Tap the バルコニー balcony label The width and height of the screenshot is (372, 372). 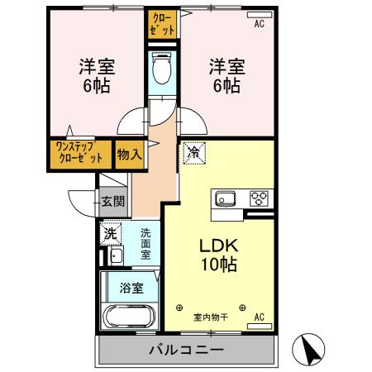[x=186, y=350]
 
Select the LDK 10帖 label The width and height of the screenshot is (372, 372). [x=217, y=257]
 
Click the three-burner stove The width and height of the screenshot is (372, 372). [x=260, y=198]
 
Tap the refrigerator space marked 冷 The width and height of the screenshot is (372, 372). [x=193, y=153]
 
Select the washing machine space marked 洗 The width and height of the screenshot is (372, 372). [x=110, y=233]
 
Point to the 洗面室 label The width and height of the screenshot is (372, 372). [x=145, y=244]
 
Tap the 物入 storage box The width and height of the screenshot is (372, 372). [x=129, y=155]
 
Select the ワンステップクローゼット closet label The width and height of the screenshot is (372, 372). [x=79, y=154]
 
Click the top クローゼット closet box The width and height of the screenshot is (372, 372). [x=163, y=24]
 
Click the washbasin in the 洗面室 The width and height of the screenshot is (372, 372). [x=116, y=255]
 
